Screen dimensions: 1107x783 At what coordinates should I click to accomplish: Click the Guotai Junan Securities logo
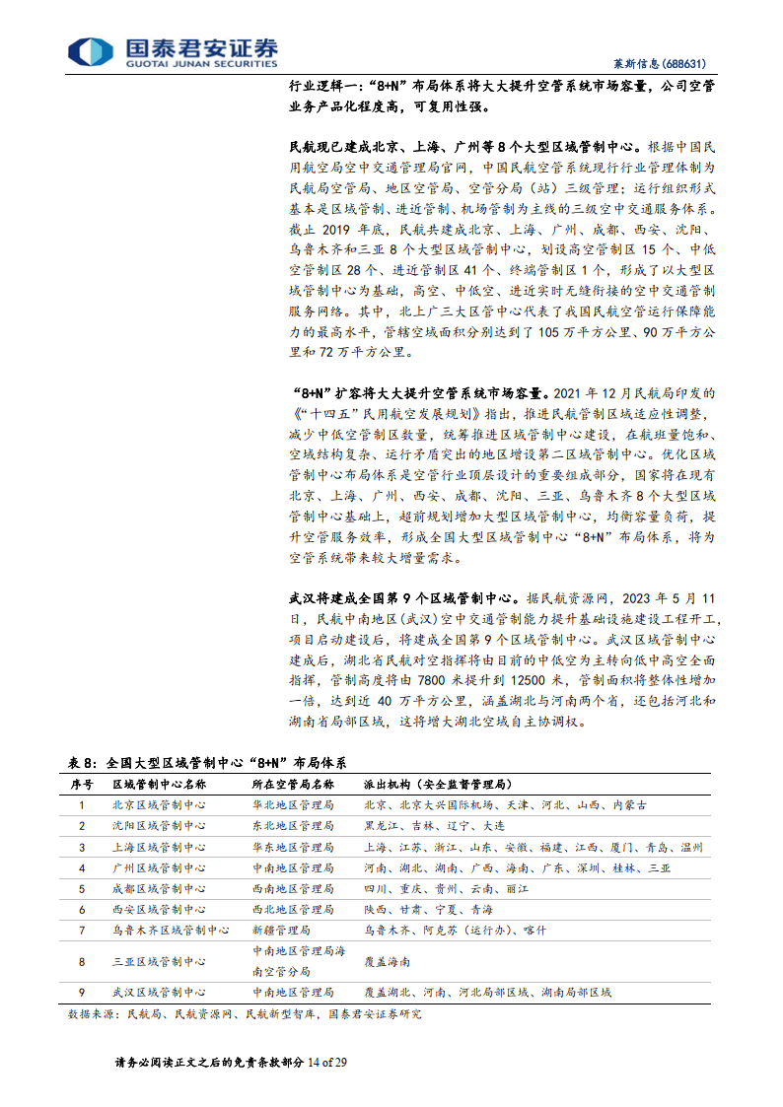(x=173, y=52)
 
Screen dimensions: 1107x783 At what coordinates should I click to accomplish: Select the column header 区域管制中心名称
(x=159, y=784)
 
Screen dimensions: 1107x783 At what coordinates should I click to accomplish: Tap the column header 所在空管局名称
(x=293, y=784)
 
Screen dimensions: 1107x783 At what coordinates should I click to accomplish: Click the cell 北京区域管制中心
(x=159, y=805)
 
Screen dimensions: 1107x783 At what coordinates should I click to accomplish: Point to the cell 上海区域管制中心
(x=159, y=847)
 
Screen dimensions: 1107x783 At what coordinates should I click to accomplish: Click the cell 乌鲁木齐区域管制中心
(x=171, y=930)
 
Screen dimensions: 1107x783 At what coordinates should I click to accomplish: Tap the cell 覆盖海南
(x=387, y=961)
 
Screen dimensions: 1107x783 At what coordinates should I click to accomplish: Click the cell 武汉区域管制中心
(x=159, y=992)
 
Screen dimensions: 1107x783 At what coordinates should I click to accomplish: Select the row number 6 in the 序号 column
(x=82, y=909)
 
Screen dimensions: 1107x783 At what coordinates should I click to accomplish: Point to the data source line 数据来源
(x=244, y=1013)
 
